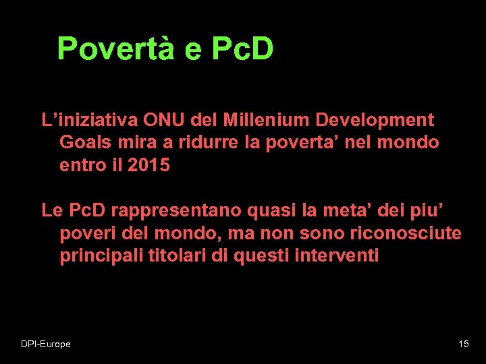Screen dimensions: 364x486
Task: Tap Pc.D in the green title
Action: coord(242,49)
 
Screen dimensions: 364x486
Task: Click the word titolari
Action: coord(174,255)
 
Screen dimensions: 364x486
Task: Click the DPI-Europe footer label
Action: coord(45,344)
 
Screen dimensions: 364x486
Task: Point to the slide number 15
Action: coord(463,344)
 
